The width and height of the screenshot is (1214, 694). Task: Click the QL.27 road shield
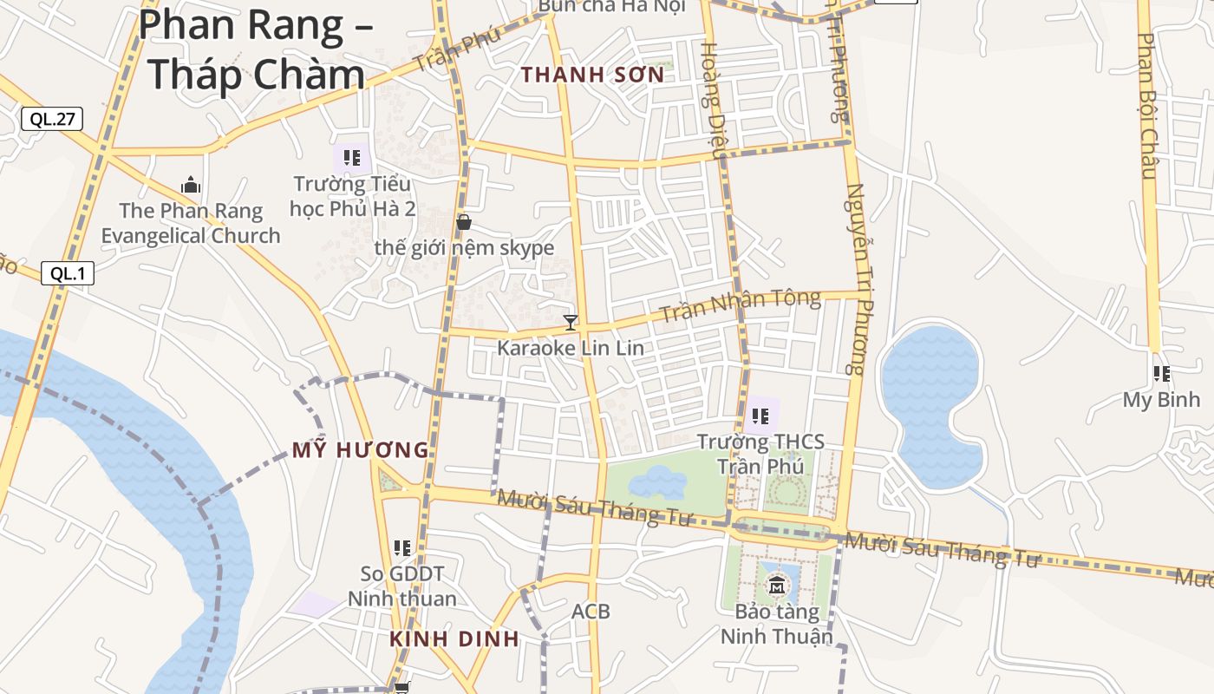click(52, 119)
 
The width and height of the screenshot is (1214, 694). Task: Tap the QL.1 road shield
click(67, 273)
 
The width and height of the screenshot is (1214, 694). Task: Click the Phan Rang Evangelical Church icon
click(191, 185)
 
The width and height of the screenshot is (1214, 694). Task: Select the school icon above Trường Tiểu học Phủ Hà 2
click(351, 157)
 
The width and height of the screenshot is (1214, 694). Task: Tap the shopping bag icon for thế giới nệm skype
click(464, 222)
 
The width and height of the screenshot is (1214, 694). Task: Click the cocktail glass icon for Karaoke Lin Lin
click(571, 323)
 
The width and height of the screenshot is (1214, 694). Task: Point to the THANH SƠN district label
click(593, 75)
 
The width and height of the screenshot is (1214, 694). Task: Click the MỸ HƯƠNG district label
click(361, 450)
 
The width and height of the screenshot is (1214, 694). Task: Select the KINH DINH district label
click(454, 639)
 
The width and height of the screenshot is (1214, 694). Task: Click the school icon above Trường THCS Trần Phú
click(760, 416)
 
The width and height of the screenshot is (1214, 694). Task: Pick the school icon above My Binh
click(1162, 374)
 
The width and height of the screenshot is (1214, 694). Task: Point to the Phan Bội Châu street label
click(1148, 106)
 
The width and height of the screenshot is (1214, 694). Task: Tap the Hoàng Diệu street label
click(711, 100)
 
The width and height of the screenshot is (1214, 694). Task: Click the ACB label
click(591, 612)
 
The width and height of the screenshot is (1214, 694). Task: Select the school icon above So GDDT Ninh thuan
click(401, 547)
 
